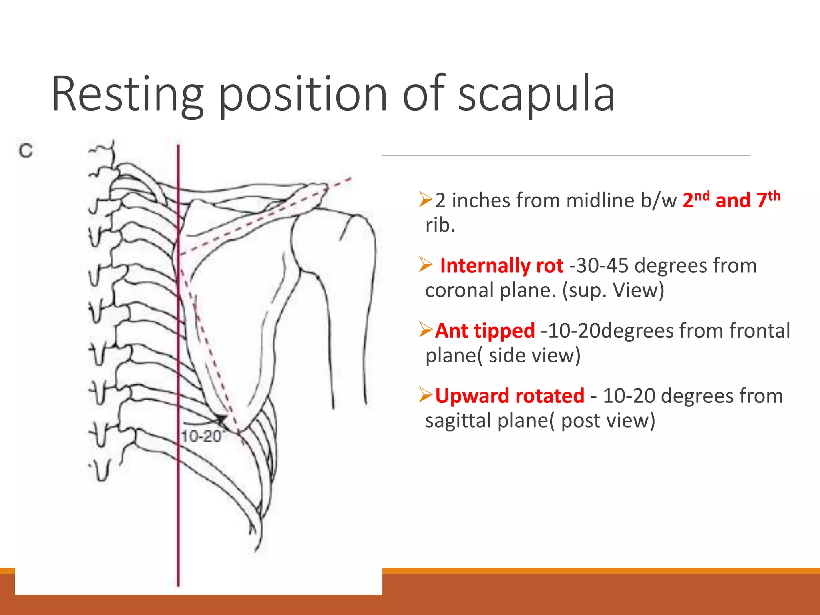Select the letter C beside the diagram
[26, 151]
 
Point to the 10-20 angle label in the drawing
[201, 436]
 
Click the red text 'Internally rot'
[501, 266]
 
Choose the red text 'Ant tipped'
[485, 331]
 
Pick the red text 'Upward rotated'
[510, 396]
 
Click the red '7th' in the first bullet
[768, 199]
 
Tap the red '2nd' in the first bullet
[696, 199]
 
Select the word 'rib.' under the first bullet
[440, 225]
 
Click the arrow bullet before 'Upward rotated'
[426, 395]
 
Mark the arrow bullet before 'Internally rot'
[426, 265]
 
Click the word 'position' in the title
[303, 94]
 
